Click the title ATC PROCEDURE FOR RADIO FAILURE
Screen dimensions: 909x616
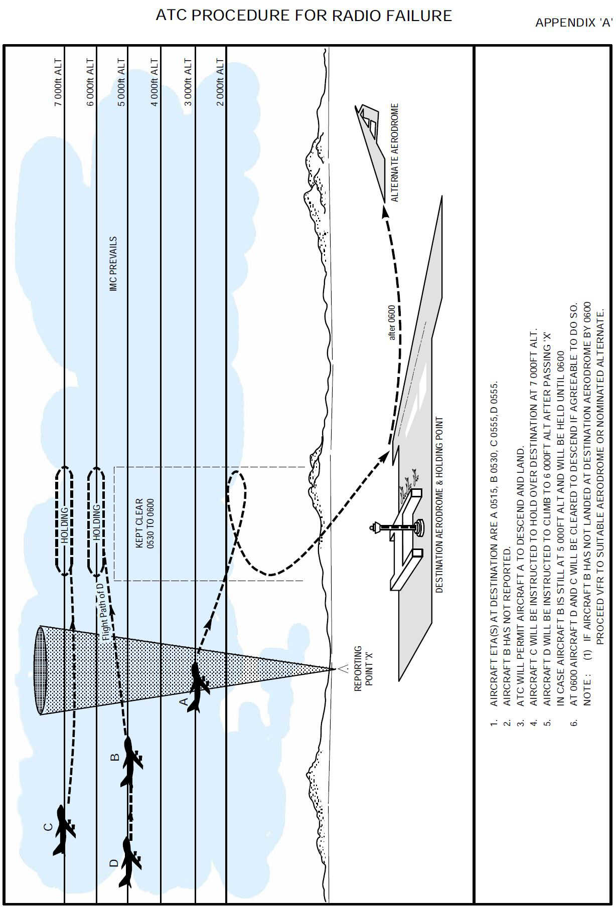tap(303, 16)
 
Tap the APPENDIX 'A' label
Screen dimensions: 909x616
tap(574, 23)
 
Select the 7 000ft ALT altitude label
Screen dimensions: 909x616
tap(59, 83)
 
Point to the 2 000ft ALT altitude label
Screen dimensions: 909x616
tap(220, 83)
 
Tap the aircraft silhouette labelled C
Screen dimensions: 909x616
tap(63, 830)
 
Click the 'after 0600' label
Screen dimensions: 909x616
tap(392, 323)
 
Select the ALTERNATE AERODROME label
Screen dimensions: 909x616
tap(395, 153)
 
